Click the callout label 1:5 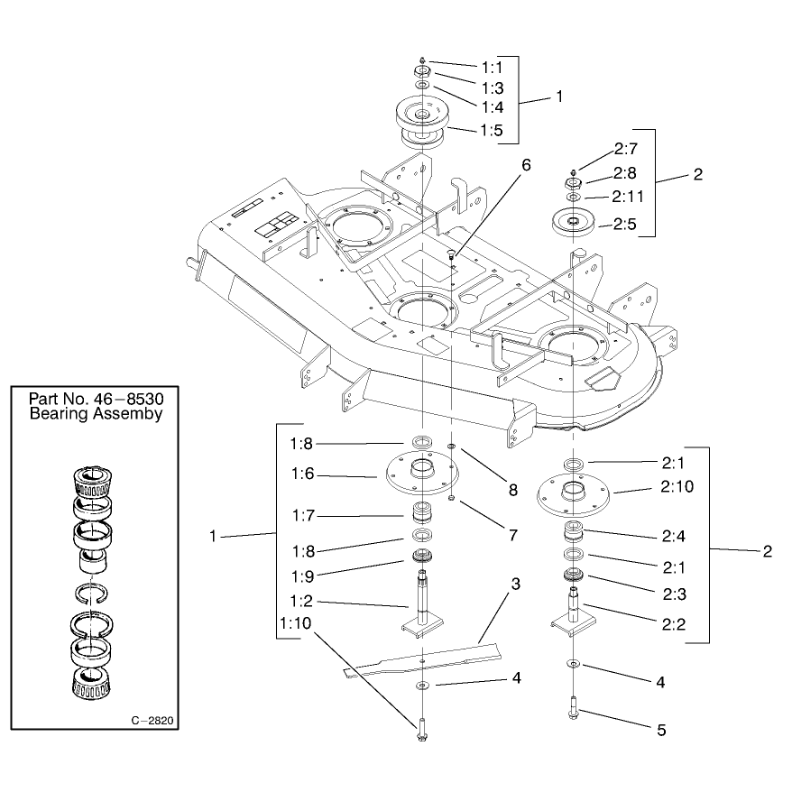(x=492, y=130)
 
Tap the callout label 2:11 (x=628, y=196)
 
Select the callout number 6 (x=526, y=165)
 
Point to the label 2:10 (x=677, y=486)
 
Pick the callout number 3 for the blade (x=515, y=584)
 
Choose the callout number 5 (x=661, y=730)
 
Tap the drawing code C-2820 (x=152, y=720)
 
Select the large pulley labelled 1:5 (x=422, y=124)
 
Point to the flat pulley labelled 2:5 (x=573, y=222)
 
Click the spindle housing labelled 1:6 (x=422, y=474)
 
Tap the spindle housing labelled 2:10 (x=573, y=498)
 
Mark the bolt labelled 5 (x=573, y=707)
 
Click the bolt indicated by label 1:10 (x=422, y=731)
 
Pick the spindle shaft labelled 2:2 (x=573, y=610)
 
